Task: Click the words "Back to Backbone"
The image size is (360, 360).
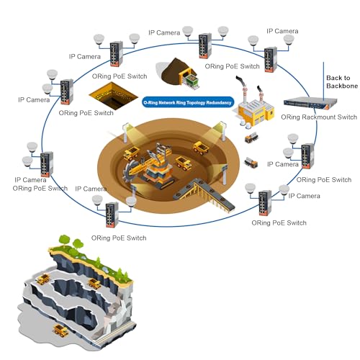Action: [342, 82]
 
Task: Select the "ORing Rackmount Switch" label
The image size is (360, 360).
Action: [319, 117]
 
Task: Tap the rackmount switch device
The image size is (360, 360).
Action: [310, 103]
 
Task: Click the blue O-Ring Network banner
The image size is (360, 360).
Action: [188, 102]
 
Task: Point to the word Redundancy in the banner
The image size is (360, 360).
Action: [219, 103]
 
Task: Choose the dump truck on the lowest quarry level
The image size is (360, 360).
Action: [60, 330]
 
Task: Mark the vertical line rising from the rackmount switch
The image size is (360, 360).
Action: [323, 81]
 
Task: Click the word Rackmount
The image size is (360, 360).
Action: [319, 117]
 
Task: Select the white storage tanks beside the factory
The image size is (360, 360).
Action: [246, 123]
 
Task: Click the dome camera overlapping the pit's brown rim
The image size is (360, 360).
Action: [131, 202]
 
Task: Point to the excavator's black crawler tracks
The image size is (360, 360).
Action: [160, 182]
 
